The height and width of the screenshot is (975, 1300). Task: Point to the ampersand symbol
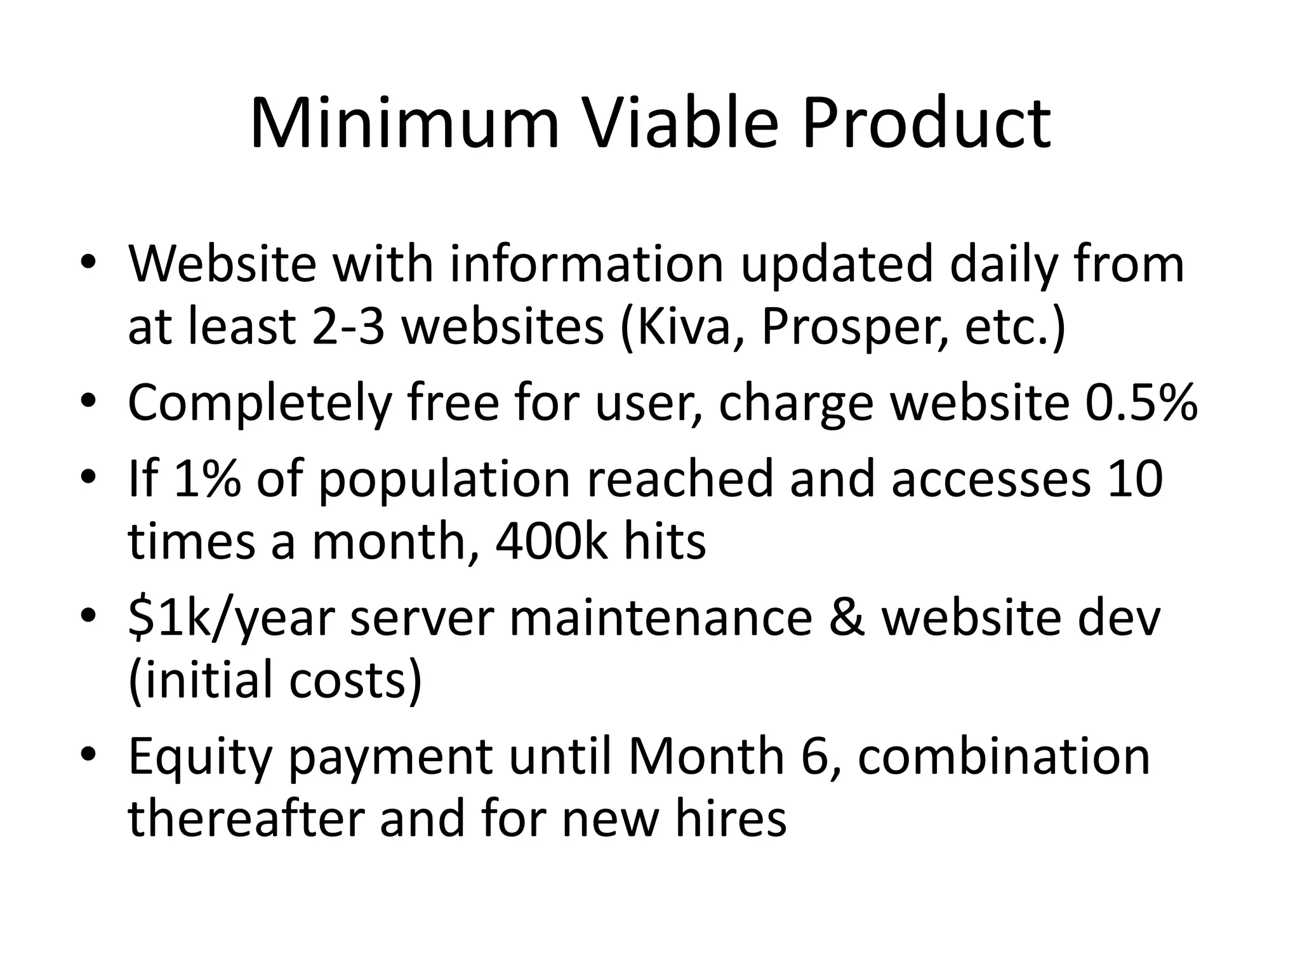[847, 618]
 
